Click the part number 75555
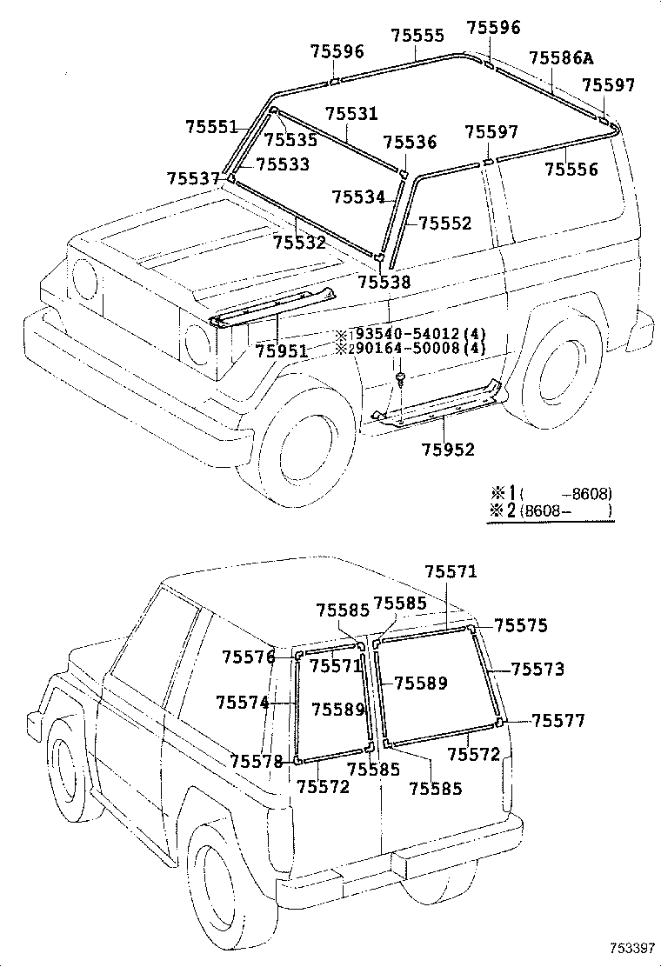click(x=417, y=36)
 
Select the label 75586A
click(x=561, y=58)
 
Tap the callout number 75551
click(x=211, y=126)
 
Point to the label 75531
click(x=352, y=114)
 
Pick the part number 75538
click(x=384, y=282)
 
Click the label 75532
click(x=299, y=242)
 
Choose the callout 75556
click(x=571, y=170)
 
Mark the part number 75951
click(x=282, y=350)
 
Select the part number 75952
click(x=449, y=450)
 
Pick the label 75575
click(x=521, y=624)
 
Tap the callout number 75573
click(x=537, y=669)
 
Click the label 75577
click(x=558, y=720)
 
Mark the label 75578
click(x=257, y=761)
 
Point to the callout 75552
click(x=444, y=223)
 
